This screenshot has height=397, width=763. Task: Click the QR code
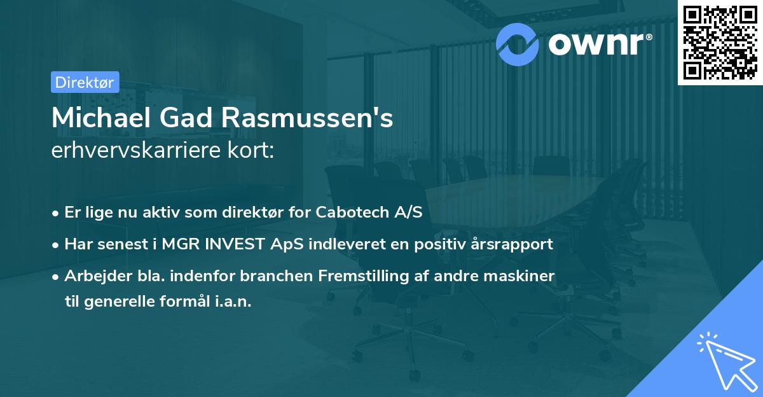[720, 43]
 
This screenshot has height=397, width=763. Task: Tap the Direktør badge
[85, 82]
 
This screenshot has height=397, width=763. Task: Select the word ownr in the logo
[598, 43]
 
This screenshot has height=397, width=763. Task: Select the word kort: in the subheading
[254, 151]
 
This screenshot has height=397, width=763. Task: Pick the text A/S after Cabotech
[408, 212]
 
